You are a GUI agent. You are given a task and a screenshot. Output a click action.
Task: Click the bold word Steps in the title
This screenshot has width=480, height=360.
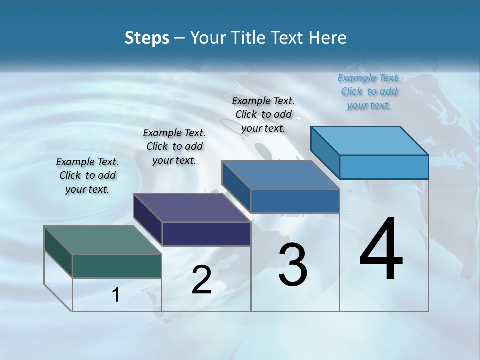pyautogui.click(x=147, y=38)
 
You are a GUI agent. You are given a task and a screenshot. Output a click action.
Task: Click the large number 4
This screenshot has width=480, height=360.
pyautogui.click(x=381, y=250)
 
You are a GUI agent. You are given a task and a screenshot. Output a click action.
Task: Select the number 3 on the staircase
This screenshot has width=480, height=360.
pyautogui.click(x=293, y=265)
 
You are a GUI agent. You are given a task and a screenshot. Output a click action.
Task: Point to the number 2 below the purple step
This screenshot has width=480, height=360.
pyautogui.click(x=201, y=280)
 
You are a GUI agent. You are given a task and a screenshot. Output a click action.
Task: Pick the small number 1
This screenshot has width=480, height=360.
pyautogui.click(x=116, y=295)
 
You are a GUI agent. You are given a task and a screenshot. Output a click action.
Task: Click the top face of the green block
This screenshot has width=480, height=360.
pyautogui.click(x=102, y=240)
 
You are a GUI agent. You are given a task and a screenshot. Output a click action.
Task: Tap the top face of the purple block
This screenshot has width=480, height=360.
pyautogui.click(x=192, y=208)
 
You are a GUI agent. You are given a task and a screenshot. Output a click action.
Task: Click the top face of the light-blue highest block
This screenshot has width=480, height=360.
pyautogui.click(x=370, y=141)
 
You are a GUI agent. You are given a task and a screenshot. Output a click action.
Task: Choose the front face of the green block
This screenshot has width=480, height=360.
pyautogui.click(x=117, y=266)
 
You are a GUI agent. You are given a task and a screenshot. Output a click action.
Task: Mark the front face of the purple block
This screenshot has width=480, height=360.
pyautogui.click(x=206, y=234)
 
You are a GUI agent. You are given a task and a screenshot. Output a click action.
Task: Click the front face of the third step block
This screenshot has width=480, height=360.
pyautogui.click(x=295, y=201)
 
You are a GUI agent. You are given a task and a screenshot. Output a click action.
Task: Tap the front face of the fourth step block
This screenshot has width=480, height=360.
pyautogui.click(x=384, y=167)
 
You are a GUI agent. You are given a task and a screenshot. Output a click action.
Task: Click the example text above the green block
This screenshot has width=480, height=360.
pyautogui.click(x=87, y=176)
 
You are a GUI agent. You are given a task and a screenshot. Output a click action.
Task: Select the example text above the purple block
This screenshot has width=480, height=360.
pyautogui.click(x=174, y=147)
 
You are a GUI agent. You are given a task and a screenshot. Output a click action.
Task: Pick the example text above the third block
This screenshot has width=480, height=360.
pyautogui.click(x=263, y=114)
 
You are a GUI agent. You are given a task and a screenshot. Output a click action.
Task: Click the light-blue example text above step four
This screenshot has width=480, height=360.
pyautogui.click(x=369, y=91)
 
